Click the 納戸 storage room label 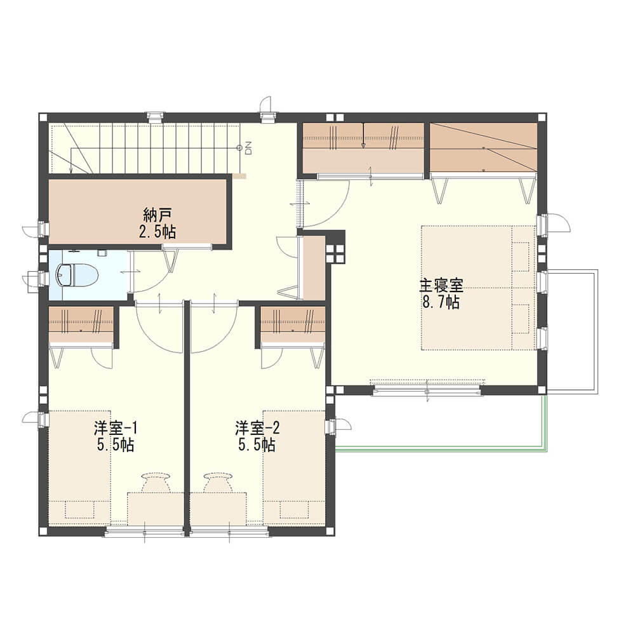tap(157, 215)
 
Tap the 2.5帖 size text tap(157, 232)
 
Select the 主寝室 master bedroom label tap(441, 286)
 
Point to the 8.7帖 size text tap(441, 302)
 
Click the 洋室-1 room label tap(116, 427)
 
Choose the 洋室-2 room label tap(258, 427)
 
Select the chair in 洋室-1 tap(156, 482)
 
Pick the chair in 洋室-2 tap(218, 482)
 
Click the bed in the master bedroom tap(479, 288)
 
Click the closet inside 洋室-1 tap(81, 324)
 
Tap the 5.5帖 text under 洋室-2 tap(257, 445)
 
